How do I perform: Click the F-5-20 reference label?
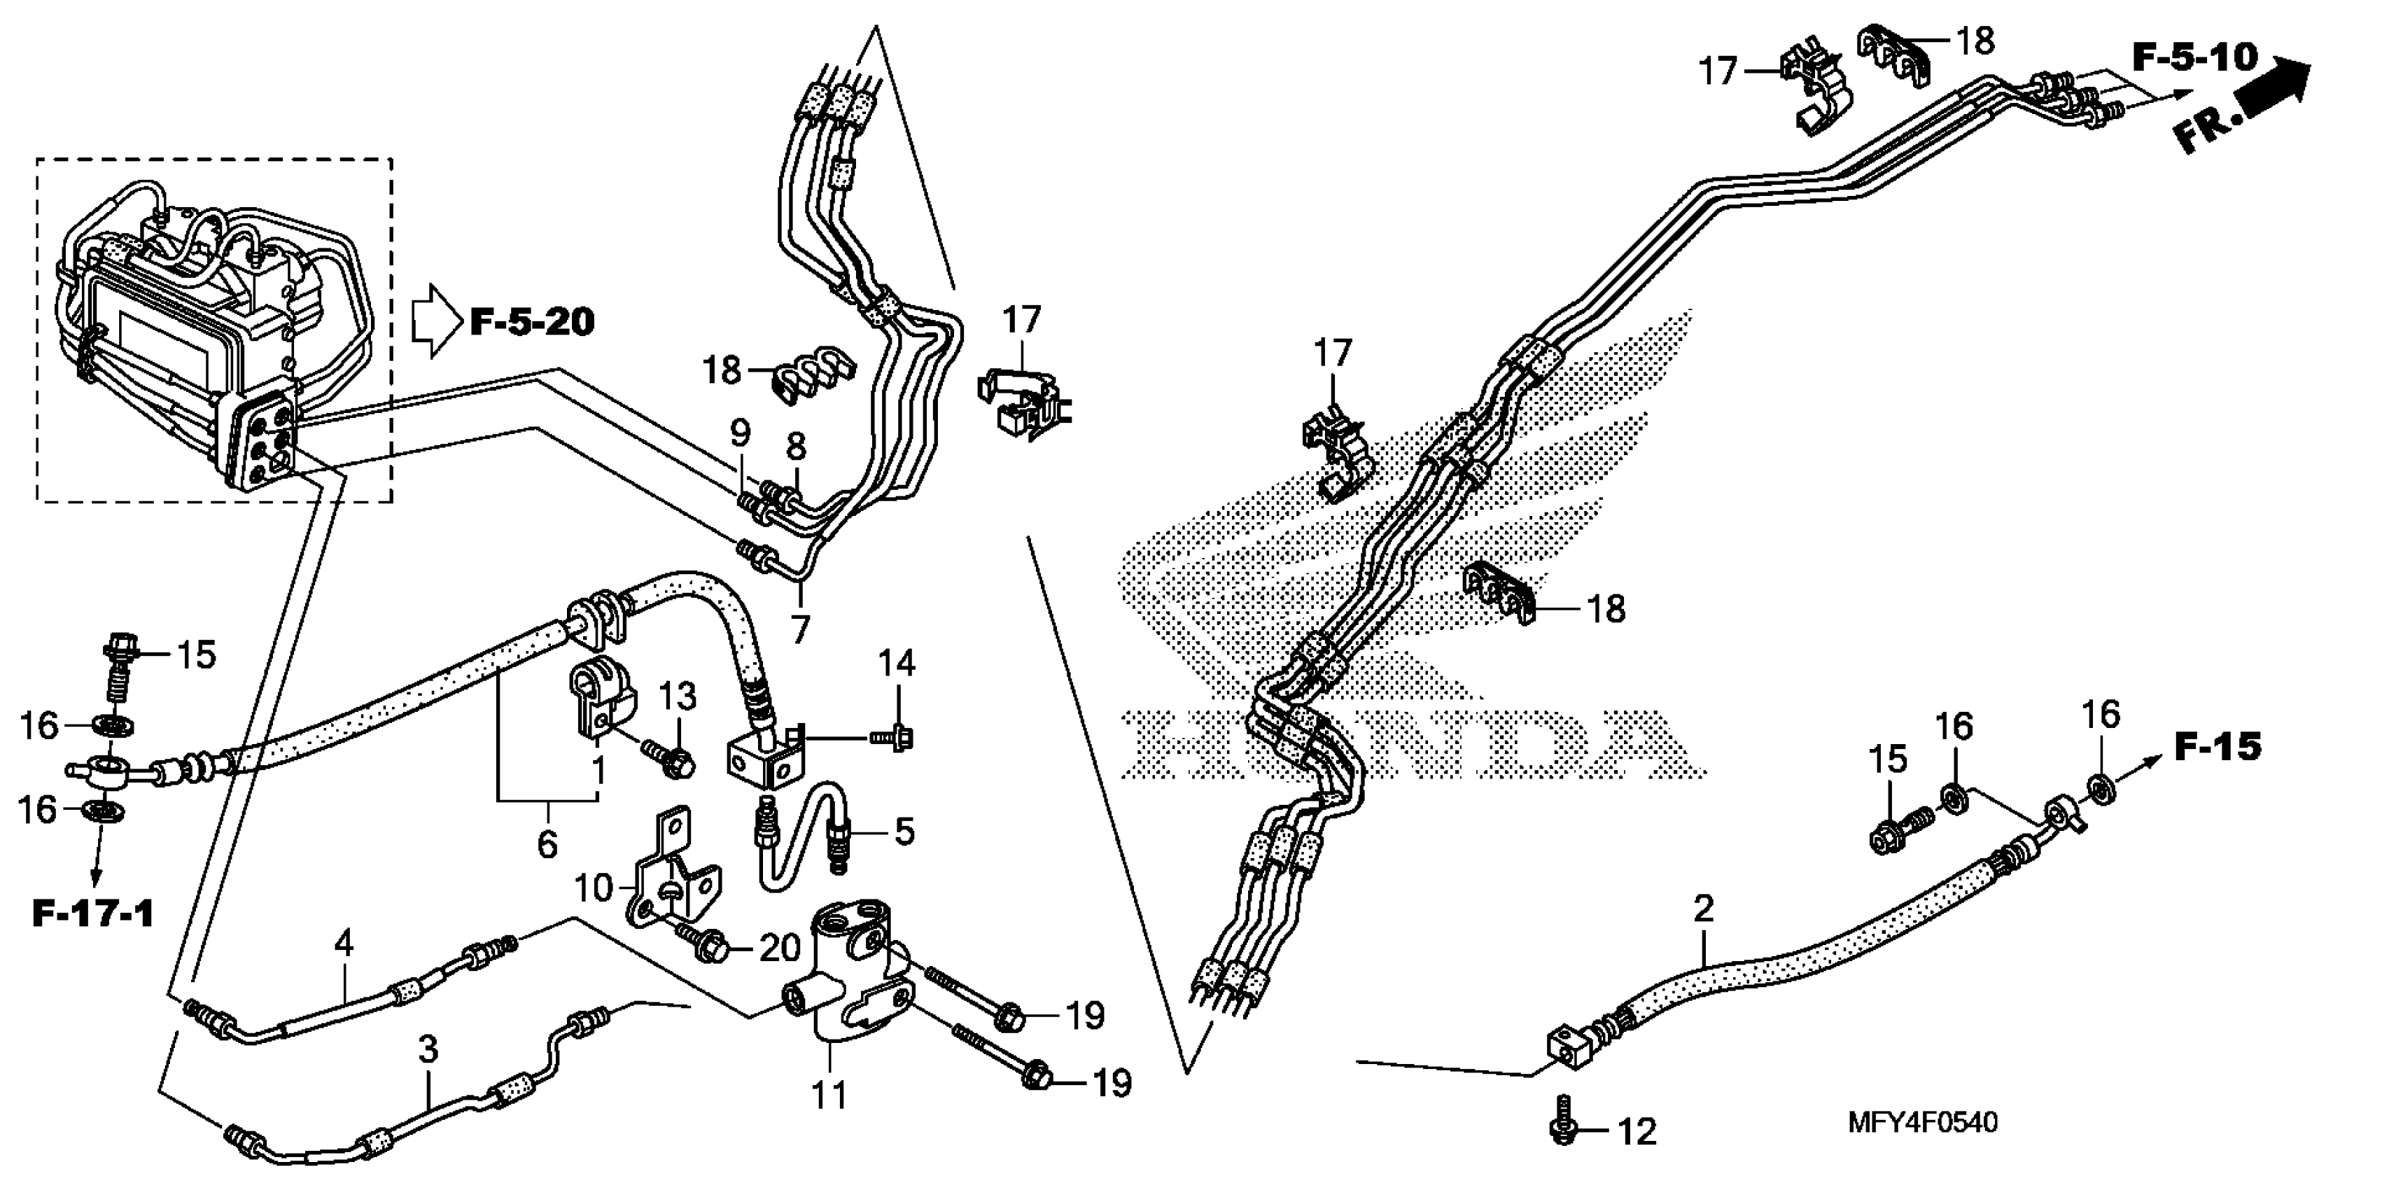532,323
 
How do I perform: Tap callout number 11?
829,1095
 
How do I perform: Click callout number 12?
1638,1133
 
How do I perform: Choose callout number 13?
677,696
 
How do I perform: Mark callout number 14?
896,663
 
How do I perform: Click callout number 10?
593,890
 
